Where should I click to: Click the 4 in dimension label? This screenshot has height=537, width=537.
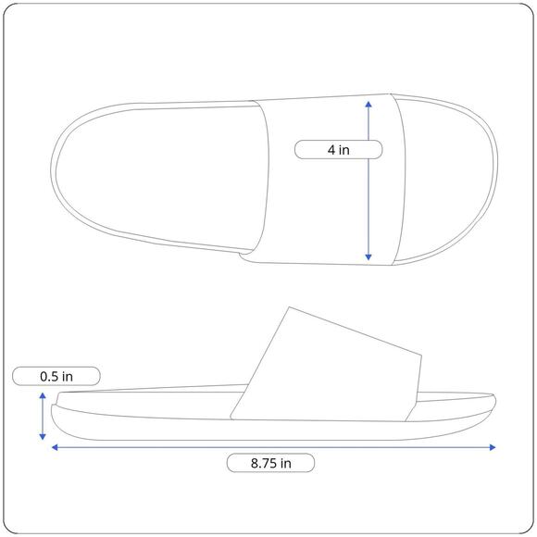338,150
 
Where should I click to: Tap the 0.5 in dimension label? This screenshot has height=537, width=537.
56,377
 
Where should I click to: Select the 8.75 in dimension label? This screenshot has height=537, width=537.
270,463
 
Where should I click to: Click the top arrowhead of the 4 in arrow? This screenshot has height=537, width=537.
368,104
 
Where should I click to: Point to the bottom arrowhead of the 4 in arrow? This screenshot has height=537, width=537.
368,257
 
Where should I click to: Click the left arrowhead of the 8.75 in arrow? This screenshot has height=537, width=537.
55,447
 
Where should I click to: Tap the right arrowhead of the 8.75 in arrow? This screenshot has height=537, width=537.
493,447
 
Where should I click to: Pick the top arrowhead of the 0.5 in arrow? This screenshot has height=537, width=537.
43,396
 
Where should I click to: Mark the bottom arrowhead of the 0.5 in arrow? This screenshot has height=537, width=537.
43,436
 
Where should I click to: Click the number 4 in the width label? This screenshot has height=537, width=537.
331,150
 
